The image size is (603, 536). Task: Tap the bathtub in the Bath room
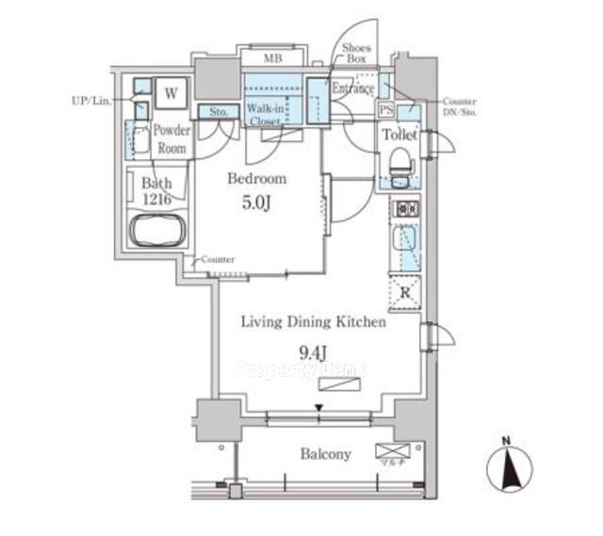coord(158,230)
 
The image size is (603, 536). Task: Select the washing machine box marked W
coord(171,93)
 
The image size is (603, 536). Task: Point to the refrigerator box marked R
coord(406,293)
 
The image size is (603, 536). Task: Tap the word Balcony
coord(326,454)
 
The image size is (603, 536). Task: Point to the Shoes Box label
coord(356,54)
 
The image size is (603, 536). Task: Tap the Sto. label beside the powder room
coord(219,111)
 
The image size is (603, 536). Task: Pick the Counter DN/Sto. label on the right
coord(458,106)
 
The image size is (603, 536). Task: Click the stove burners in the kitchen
coord(406,208)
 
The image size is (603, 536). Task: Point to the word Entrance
coord(354,89)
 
